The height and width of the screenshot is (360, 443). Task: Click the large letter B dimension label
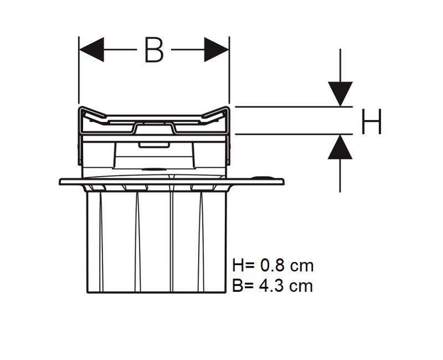(154, 50)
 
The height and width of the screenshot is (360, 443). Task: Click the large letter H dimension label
(372, 121)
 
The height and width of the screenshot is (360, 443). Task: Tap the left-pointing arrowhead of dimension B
(91, 49)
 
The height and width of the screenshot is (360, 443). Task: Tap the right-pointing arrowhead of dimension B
(217, 49)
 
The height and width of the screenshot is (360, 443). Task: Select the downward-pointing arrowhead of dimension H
(340, 94)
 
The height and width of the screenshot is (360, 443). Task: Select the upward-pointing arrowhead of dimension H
(340, 147)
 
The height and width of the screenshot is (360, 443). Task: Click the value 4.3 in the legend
(271, 286)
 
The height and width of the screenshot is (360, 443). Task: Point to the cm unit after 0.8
(302, 267)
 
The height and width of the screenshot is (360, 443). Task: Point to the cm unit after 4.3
(302, 287)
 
